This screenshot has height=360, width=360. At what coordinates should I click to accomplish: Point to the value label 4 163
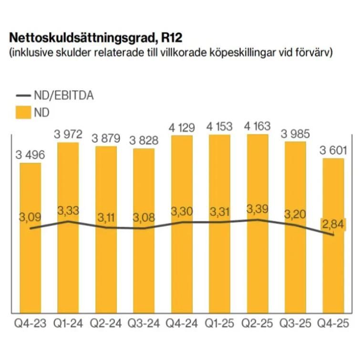257,127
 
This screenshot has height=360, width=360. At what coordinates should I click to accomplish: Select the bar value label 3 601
333,151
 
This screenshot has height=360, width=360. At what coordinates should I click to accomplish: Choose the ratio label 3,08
144,219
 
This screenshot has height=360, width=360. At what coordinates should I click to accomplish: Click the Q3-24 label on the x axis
144,324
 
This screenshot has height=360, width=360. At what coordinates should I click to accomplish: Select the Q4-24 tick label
182,324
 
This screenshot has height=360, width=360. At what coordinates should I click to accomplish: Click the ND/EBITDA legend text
64,95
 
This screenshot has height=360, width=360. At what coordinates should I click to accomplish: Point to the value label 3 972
69,134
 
